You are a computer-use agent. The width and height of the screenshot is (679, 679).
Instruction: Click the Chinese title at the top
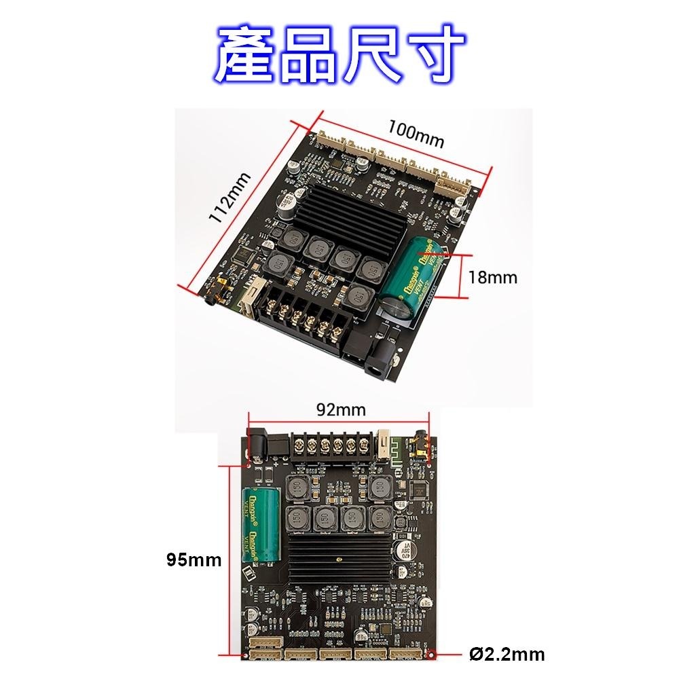click(x=339, y=54)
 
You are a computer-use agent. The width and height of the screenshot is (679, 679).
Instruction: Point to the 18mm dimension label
click(x=492, y=277)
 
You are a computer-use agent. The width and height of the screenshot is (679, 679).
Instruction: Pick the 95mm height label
click(x=194, y=559)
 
